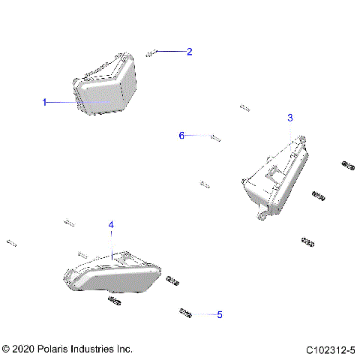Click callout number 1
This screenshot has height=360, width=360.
click(44, 102)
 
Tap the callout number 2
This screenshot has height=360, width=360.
click(189, 52)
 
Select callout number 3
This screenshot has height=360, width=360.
click(290, 118)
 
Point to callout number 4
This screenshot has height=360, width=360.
click(111, 225)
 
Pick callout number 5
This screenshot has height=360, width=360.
click(219, 315)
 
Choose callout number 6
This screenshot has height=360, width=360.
click(181, 136)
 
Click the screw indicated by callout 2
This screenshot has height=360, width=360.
click(151, 52)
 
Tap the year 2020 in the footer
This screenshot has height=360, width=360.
click(22, 349)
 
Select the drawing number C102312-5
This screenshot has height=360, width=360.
click(331, 349)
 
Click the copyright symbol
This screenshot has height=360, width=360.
click(6, 349)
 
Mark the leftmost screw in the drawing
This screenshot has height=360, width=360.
click(11, 242)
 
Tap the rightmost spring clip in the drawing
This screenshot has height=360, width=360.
click(347, 164)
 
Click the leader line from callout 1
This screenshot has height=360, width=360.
click(64, 102)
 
